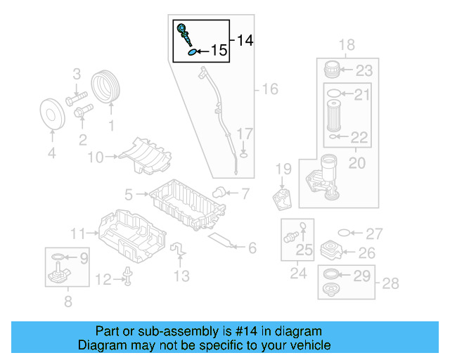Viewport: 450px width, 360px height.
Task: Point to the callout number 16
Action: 270,89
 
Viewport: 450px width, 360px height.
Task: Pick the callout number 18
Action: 347,46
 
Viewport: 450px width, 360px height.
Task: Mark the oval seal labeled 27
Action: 344,233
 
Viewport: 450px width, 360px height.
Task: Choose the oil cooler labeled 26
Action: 333,252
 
